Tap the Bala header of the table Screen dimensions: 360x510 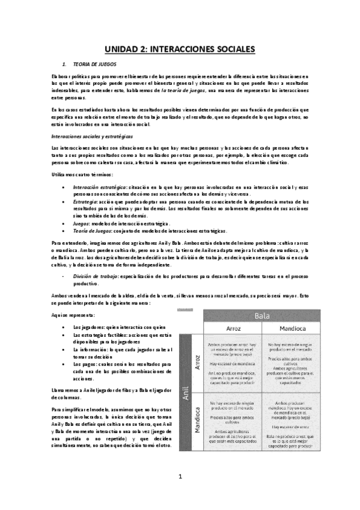point(261,315)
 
